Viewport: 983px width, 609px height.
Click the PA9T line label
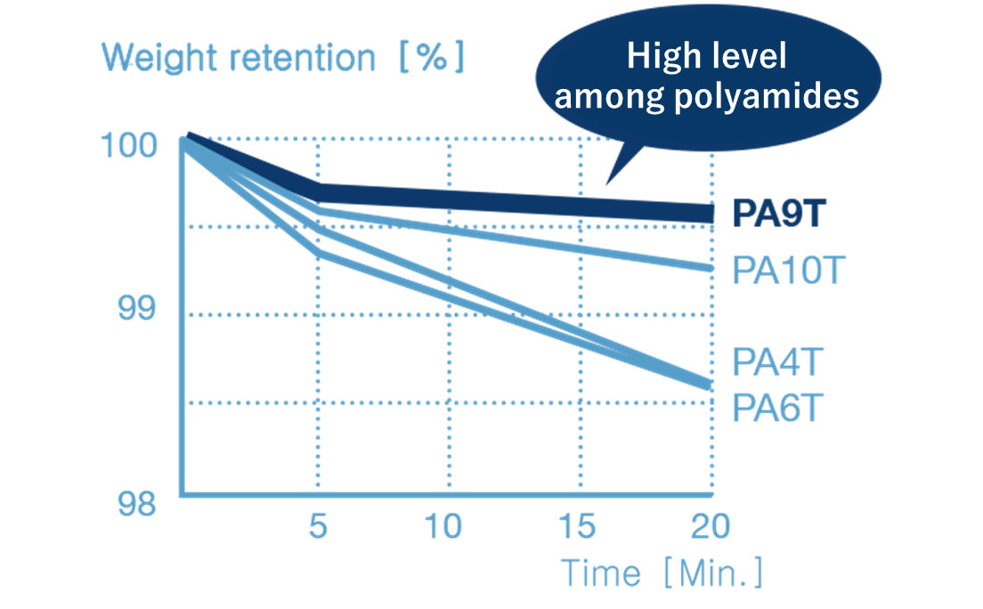(x=780, y=215)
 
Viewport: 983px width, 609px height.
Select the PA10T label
(x=787, y=270)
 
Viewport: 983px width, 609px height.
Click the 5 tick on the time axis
(x=318, y=526)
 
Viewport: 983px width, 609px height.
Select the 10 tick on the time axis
(x=443, y=526)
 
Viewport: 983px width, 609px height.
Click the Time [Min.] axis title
(x=661, y=572)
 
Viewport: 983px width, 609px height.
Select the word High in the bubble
(x=660, y=58)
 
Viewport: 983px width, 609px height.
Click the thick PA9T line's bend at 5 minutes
(x=318, y=191)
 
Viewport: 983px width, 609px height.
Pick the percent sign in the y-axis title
(x=430, y=59)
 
